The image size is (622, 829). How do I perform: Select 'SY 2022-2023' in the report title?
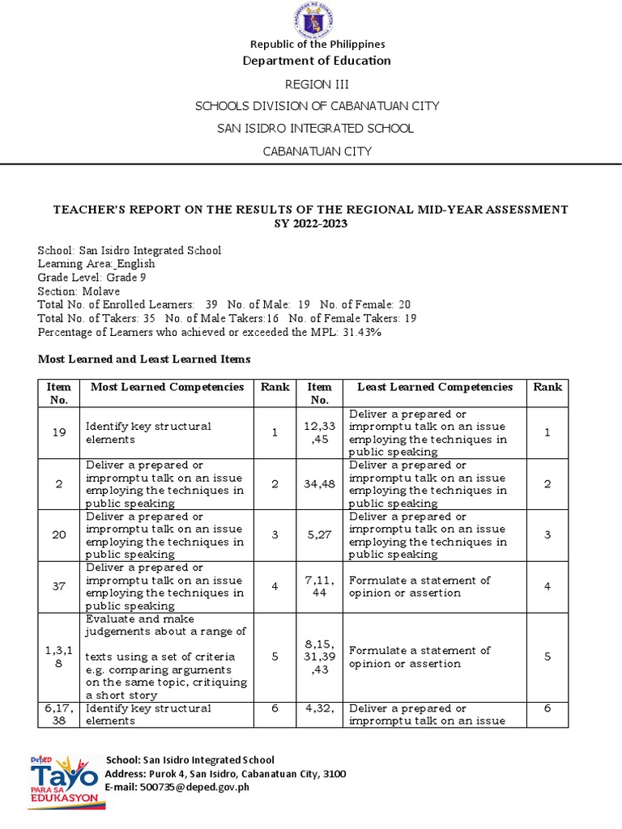tap(310, 223)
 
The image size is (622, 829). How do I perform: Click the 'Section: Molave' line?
tap(79, 291)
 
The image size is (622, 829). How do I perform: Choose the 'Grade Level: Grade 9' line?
tap(88, 277)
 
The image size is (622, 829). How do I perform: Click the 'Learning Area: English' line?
tap(96, 264)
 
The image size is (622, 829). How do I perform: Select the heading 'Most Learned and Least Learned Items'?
tap(144, 359)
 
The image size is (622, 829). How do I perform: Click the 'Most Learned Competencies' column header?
tap(167, 387)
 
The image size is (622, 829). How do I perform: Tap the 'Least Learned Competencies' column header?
tap(435, 387)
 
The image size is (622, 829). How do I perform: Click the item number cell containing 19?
tap(59, 433)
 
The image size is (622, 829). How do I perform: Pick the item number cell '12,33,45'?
tap(319, 433)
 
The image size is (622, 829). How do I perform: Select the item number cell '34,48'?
tap(319, 484)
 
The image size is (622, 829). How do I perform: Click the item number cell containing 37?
tap(59, 586)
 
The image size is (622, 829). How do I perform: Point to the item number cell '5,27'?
tap(319, 535)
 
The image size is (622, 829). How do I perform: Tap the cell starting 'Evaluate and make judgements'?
tap(167, 657)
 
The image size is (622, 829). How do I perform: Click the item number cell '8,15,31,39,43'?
tap(319, 657)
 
